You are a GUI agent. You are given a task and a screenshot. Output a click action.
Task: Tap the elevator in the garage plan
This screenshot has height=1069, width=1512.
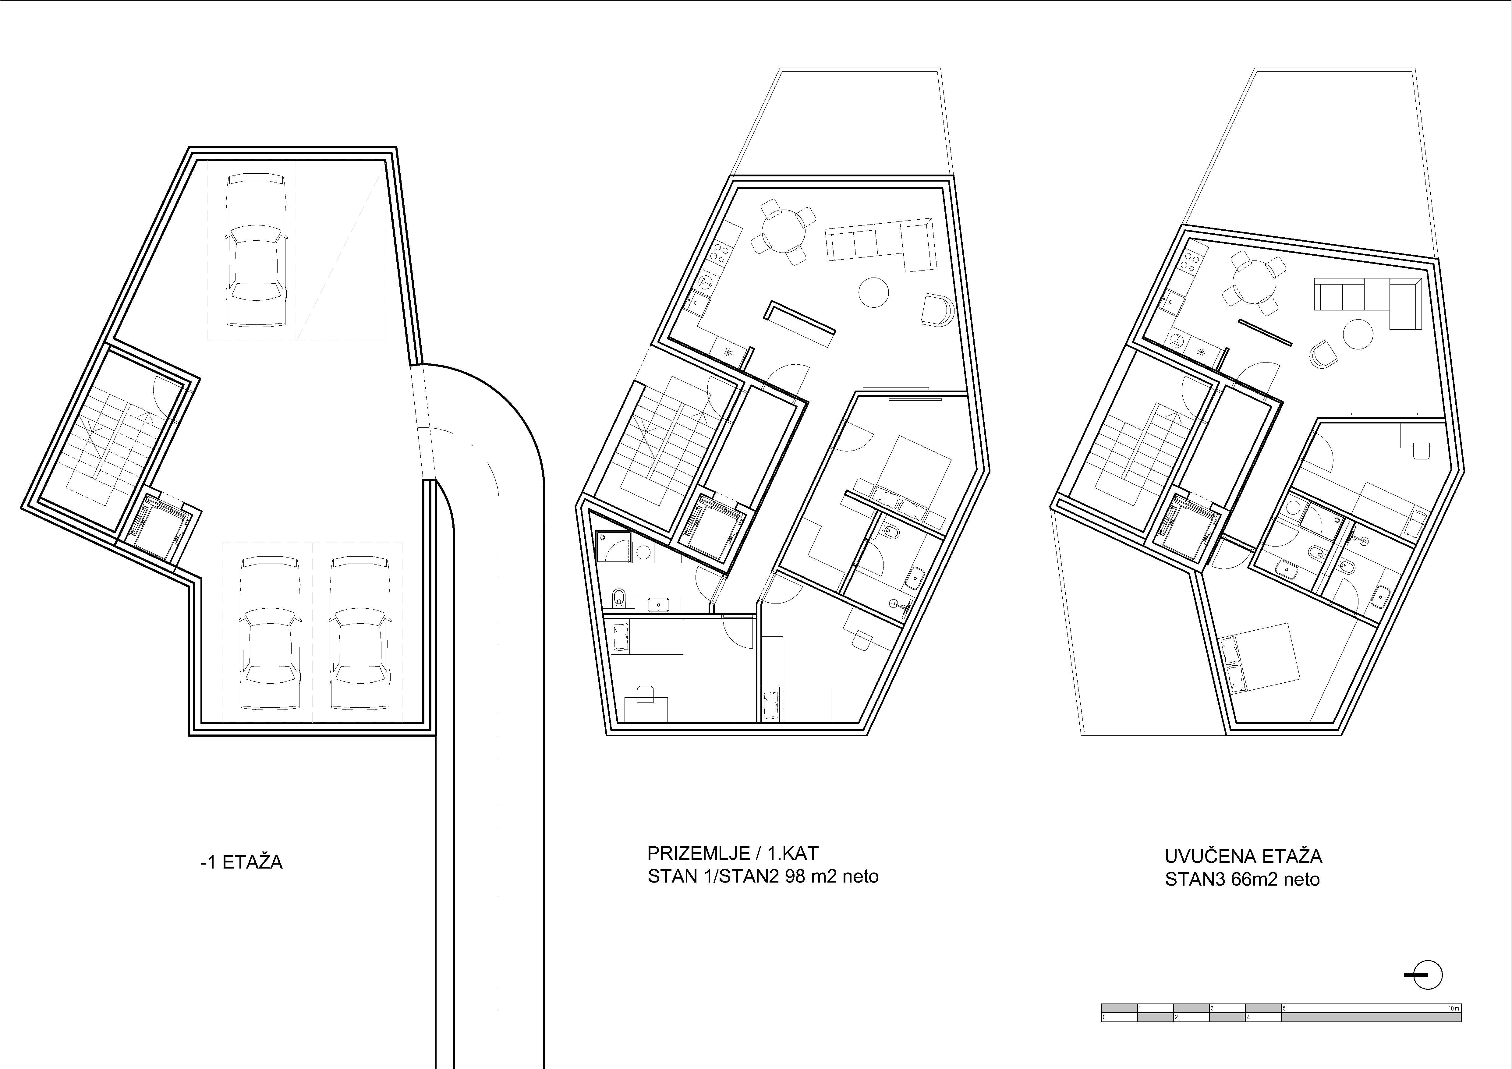[x=160, y=527]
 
